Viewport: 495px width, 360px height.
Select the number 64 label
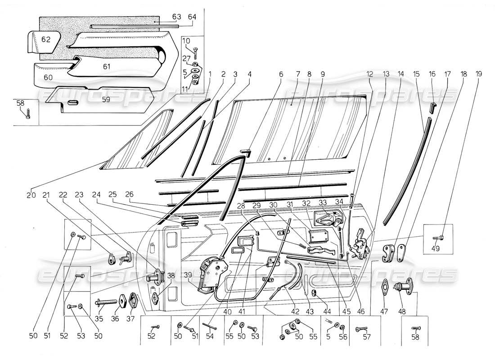[x=192, y=17]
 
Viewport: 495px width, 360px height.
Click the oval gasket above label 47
[x=385, y=287]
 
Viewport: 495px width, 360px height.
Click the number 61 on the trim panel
[x=106, y=67]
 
